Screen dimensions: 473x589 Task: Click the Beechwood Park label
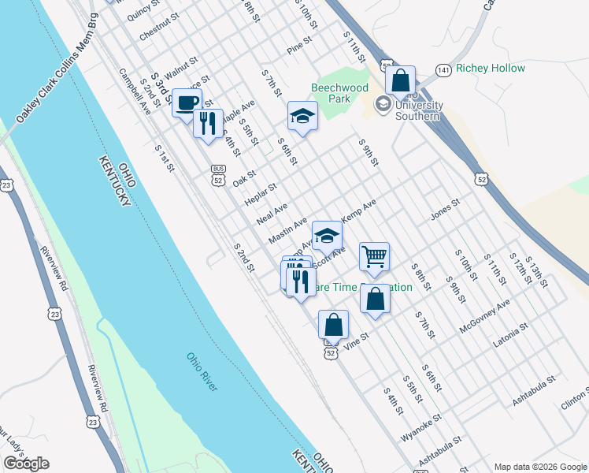[339, 93]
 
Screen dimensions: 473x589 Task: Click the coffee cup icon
[187, 102]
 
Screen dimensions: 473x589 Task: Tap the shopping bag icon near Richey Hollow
[400, 80]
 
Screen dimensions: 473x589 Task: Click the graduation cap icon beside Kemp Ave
[327, 236]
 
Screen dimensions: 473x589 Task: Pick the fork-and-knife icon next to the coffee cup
[208, 124]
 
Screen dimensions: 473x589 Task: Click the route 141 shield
[445, 70]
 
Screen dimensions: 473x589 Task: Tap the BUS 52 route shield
[218, 174]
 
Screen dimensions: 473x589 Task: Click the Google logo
[26, 464]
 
